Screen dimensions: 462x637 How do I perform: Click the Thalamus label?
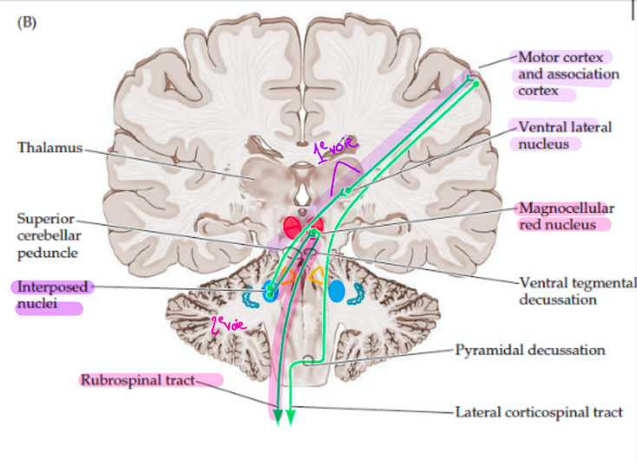pos(49,148)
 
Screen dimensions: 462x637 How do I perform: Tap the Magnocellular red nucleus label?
pos(566,216)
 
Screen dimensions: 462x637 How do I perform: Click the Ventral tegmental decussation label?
pos(576,291)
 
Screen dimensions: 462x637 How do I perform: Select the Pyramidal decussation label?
pos(529,351)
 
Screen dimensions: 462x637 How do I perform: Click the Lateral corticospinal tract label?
pos(538,412)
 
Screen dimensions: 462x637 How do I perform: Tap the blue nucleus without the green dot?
pos(336,292)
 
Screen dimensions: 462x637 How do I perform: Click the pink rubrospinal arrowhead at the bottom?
pos(278,418)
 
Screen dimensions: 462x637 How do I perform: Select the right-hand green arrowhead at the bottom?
pos(291,418)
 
